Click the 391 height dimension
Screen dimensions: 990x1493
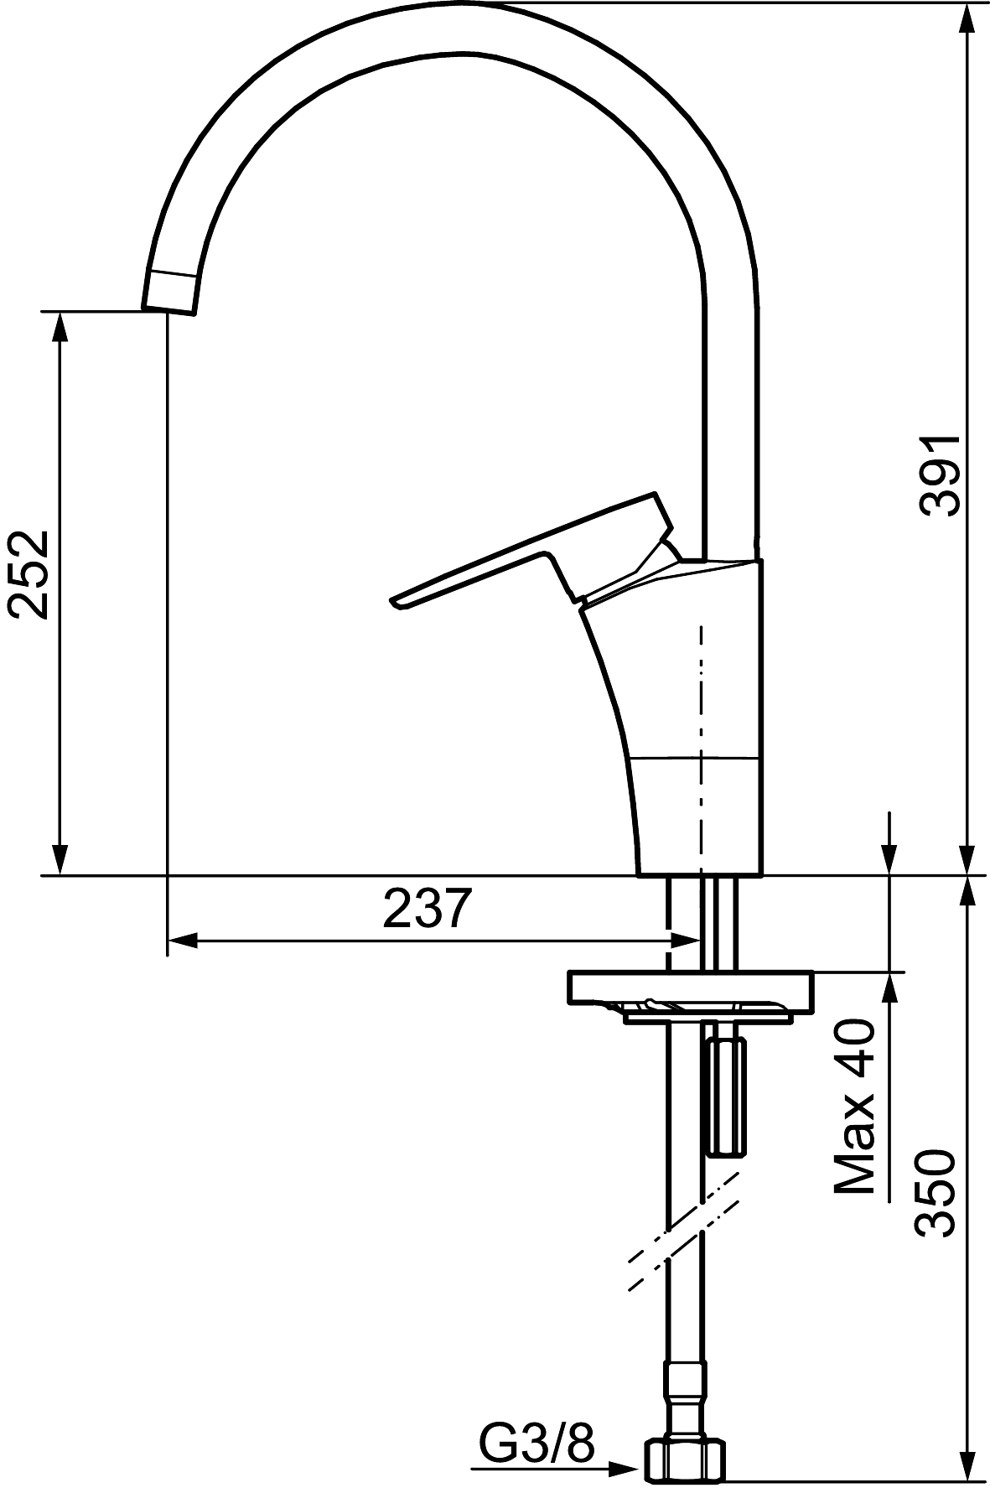[938, 475]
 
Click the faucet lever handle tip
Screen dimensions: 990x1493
[394, 600]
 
